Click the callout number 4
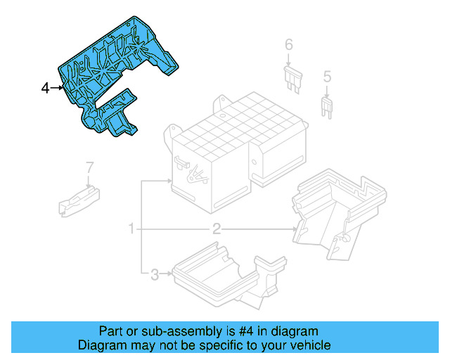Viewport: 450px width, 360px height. click(45, 88)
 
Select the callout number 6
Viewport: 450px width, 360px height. click(288, 46)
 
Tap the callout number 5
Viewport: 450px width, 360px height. click(327, 76)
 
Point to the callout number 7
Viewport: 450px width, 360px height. click(89, 167)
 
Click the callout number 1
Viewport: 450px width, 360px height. click(131, 229)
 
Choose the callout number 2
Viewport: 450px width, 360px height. click(217, 229)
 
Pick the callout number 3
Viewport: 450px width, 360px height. click(155, 274)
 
